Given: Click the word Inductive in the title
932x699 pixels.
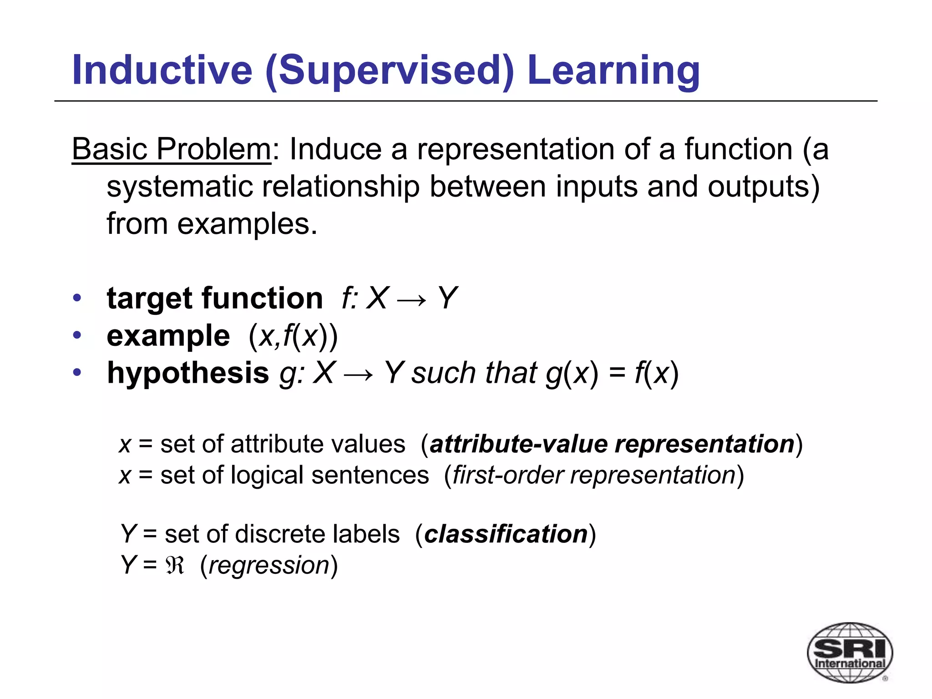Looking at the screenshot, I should [x=162, y=70].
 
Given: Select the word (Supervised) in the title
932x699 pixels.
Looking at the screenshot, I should [x=390, y=71].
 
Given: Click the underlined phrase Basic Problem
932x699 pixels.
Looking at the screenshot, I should [x=172, y=149].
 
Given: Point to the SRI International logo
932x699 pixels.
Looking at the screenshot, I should [x=849, y=652].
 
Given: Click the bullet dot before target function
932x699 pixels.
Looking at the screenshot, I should [x=77, y=299].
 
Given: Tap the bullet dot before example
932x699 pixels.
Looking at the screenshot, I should [x=77, y=336].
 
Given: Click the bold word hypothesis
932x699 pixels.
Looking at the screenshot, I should [x=188, y=373].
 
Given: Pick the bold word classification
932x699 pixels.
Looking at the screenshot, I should [x=506, y=534].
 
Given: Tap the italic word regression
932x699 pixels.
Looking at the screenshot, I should [x=269, y=566].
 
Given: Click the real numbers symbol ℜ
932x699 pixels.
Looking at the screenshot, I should [x=175, y=566].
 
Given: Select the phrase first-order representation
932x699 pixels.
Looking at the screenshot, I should [x=594, y=476].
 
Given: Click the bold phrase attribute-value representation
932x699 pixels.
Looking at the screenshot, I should [x=612, y=444].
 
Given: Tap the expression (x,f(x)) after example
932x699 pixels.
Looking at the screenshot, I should [x=293, y=337].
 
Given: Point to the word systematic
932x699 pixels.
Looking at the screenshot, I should [x=179, y=187].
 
